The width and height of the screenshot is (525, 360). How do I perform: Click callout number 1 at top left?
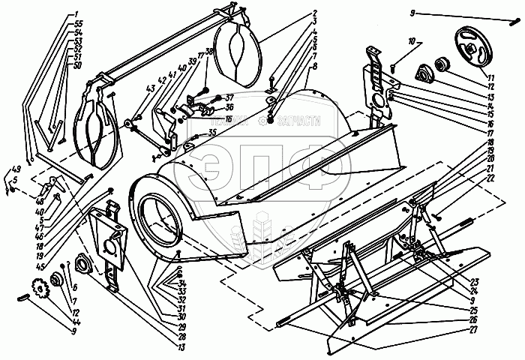[x=76, y=14]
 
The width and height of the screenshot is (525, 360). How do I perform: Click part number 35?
[x=212, y=133]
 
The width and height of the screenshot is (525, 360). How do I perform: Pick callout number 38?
[x=208, y=52]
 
